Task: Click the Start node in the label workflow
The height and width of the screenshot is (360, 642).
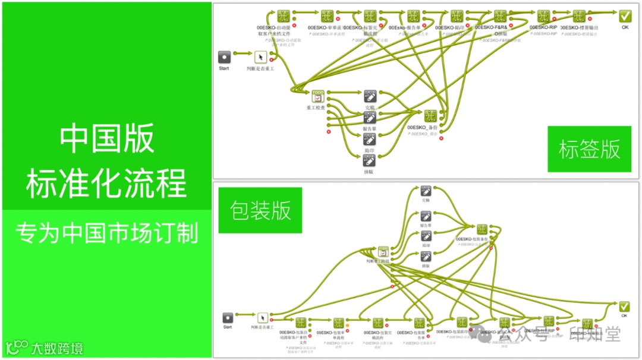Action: coord(224,57)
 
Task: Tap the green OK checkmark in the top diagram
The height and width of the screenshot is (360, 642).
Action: coord(625,16)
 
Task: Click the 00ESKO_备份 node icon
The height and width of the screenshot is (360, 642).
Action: coord(430,116)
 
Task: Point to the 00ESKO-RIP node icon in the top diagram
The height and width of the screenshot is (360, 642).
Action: coord(543,16)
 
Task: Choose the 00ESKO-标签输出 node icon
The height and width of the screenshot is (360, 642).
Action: coord(579,16)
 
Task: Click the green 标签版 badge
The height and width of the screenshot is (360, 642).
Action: coord(589,149)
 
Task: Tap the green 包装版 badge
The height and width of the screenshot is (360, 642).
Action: coord(260,210)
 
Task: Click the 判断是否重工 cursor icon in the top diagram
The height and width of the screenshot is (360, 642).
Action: coord(260,57)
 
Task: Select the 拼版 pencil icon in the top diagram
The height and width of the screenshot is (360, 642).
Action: coord(369,160)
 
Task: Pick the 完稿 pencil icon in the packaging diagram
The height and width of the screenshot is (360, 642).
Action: coord(426,191)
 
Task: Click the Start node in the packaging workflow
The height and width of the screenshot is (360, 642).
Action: coord(228,318)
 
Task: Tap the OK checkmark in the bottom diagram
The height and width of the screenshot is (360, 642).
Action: coord(624,307)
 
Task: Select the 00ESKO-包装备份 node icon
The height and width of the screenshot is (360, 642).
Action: coord(481,229)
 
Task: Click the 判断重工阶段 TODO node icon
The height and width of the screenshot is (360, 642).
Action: coord(383,252)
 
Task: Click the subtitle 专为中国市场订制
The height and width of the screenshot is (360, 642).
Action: coord(106,233)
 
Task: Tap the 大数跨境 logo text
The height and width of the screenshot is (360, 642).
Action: coord(57,348)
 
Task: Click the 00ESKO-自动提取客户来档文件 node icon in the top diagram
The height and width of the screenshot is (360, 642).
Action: coord(283,16)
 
